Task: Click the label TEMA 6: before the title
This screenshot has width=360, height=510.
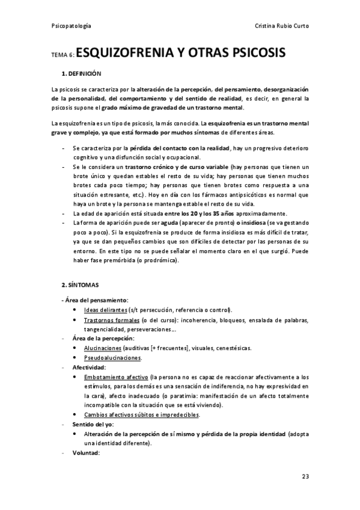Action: click(63, 55)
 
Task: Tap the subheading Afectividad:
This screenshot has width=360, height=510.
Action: click(89, 367)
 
